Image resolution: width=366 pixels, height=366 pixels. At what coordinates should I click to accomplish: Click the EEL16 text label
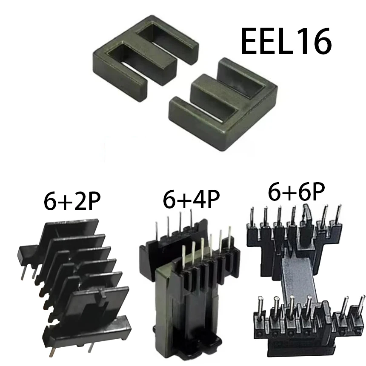pyautogui.click(x=286, y=41)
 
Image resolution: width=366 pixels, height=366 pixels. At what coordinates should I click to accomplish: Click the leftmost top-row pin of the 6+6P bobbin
pyautogui.click(x=252, y=215)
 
